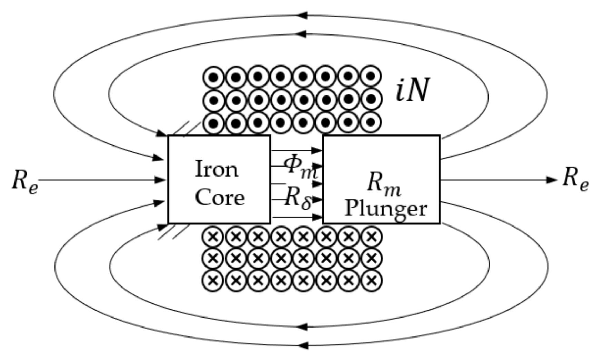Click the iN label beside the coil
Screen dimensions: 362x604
tap(413, 90)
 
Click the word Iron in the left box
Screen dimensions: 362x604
tap(217, 169)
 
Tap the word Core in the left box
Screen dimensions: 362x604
tap(220, 197)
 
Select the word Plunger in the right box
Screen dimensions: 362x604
tap(386, 209)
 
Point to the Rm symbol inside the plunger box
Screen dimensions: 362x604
tap(384, 183)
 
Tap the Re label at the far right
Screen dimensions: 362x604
tap(575, 180)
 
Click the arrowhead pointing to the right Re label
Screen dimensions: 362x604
tap(552, 180)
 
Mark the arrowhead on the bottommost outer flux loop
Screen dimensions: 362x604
tap(302, 345)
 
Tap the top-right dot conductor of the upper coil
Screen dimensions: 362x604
tap(371, 77)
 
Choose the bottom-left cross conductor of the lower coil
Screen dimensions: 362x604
tap(213, 280)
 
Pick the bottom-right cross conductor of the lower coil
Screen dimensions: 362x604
tap(371, 280)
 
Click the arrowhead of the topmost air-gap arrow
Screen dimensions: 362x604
tap(316, 150)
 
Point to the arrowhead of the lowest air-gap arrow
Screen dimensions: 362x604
tap(316, 217)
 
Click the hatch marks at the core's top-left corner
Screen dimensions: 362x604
tap(184, 128)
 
